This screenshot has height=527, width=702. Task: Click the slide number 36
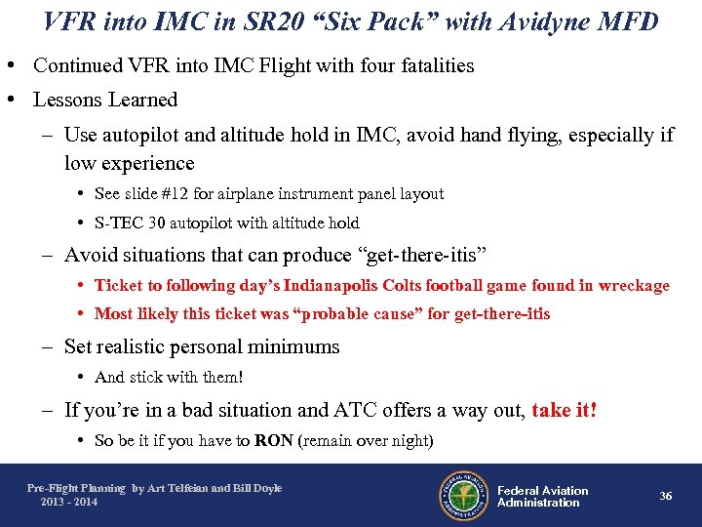click(x=666, y=496)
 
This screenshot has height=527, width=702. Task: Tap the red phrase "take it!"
click(x=565, y=410)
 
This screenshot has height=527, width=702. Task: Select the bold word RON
click(x=273, y=440)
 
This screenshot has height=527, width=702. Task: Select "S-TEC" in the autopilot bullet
click(x=119, y=223)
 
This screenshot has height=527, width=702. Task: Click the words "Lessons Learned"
click(x=105, y=100)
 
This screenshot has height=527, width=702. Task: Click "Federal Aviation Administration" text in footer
click(x=542, y=496)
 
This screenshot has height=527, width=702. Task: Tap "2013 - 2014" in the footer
click(x=68, y=502)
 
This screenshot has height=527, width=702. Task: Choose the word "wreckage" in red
click(x=633, y=285)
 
